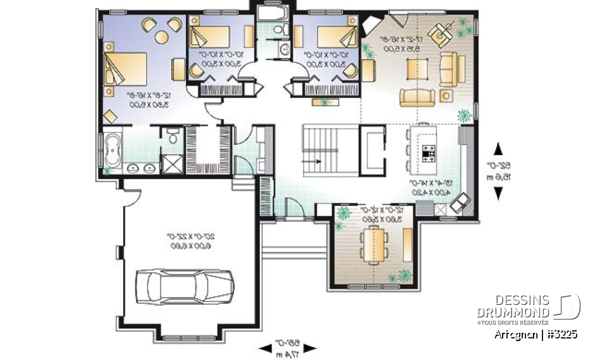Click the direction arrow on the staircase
(315, 161)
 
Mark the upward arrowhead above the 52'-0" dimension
(498, 149)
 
